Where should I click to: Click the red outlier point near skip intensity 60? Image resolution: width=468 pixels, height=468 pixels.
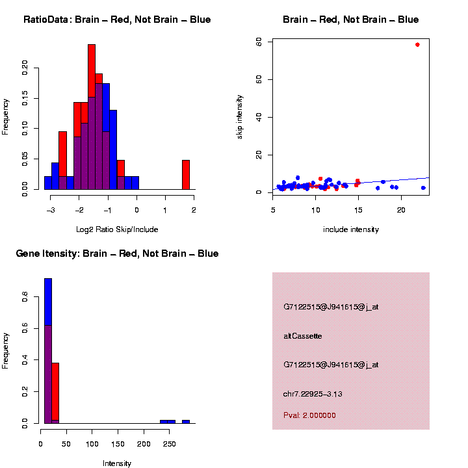417,45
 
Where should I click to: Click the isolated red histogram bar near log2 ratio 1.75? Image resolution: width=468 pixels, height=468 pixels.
186,174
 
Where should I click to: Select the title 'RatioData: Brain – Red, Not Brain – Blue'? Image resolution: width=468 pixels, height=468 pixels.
117,20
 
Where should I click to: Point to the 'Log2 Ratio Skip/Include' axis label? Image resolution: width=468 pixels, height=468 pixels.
117,229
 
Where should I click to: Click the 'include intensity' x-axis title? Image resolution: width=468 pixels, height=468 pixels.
351,229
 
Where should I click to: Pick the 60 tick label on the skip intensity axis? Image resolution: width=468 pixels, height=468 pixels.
259,42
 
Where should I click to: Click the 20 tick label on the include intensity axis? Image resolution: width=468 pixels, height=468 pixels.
401,209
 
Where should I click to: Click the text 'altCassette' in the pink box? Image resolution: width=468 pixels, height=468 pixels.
303,336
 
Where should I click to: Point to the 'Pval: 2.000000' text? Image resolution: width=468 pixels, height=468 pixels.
309,415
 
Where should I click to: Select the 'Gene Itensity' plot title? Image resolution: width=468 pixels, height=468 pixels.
117,253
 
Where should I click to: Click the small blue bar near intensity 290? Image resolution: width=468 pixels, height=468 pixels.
186,422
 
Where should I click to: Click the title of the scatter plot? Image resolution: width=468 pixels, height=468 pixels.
351,20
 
